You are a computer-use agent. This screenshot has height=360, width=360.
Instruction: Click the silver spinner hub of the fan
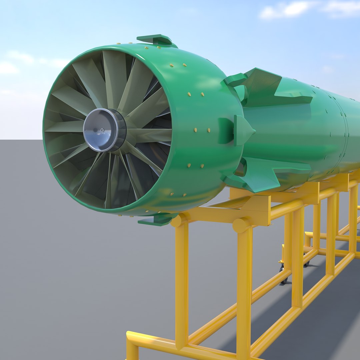(104, 130)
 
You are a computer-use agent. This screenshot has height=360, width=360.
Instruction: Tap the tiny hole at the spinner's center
(102, 130)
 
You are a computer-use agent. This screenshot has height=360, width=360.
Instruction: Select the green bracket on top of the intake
(155, 40)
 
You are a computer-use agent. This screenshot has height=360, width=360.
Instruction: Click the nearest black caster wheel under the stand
(283, 279)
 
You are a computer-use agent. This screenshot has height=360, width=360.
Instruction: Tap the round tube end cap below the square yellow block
(241, 226)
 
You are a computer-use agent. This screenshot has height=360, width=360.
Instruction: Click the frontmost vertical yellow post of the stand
(182, 283)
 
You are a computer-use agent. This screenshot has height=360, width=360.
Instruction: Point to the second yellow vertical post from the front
(244, 290)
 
